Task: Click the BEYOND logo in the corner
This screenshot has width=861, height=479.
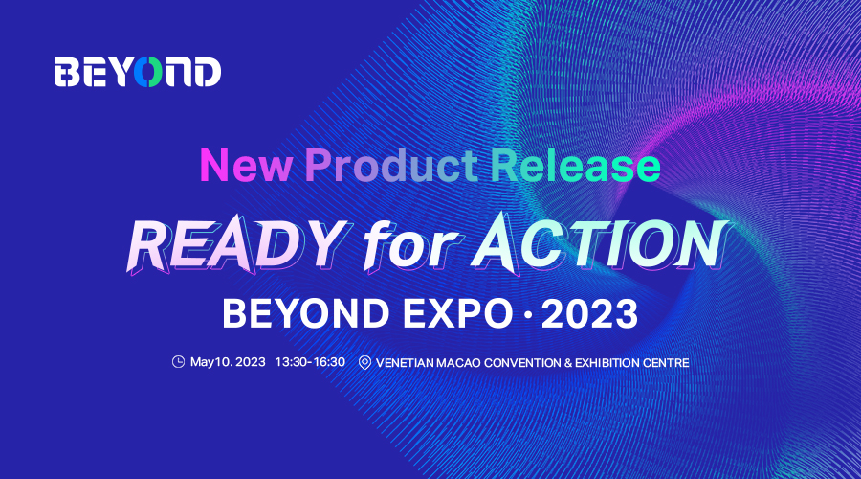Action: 137,72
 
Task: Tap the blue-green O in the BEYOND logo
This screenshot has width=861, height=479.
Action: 148,72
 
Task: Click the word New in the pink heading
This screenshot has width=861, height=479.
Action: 246,165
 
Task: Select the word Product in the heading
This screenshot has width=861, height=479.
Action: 391,165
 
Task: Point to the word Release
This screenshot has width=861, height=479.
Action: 576,165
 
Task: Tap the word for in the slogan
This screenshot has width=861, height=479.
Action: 410,244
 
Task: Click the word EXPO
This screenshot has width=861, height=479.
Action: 458,313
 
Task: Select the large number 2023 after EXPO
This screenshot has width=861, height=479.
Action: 589,313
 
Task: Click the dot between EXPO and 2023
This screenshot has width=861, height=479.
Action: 528,314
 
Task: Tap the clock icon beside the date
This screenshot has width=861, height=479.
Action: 178,362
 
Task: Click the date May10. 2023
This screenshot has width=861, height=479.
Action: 228,362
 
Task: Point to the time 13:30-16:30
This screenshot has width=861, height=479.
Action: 310,362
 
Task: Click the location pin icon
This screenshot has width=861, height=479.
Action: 364,363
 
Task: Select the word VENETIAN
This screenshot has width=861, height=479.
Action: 405,363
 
